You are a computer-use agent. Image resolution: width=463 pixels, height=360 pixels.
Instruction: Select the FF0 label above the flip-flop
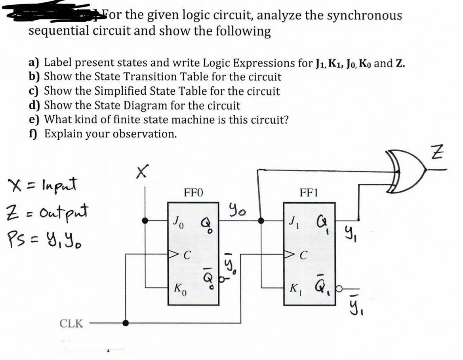click(x=194, y=194)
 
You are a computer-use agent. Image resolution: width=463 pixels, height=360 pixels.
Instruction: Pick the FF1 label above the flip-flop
click(x=309, y=194)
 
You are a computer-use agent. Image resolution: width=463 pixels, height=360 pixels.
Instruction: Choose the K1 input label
click(x=294, y=286)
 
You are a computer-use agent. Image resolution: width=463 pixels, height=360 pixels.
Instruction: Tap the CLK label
click(x=71, y=324)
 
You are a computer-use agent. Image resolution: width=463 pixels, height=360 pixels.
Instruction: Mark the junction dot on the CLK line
click(x=126, y=323)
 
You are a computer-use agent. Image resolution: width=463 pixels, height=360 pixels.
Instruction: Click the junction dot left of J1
click(x=260, y=221)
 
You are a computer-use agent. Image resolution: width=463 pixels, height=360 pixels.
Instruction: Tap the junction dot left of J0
click(x=146, y=221)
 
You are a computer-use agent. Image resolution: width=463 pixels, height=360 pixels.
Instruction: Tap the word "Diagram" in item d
click(x=149, y=105)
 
